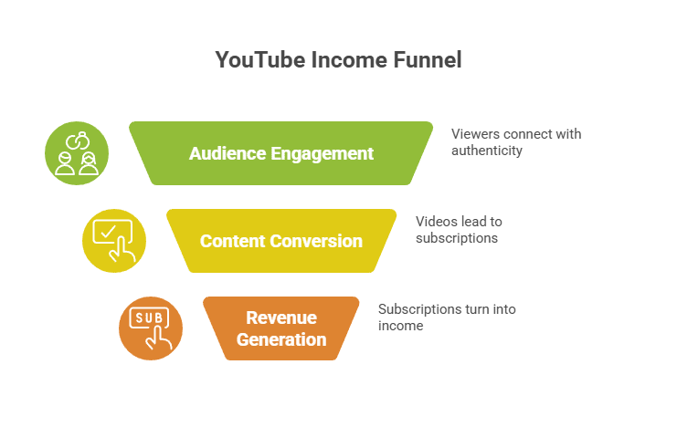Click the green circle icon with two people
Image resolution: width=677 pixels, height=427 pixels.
(x=77, y=153)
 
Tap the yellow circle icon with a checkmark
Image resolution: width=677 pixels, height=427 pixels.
(x=114, y=241)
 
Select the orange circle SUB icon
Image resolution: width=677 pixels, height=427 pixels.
(x=151, y=328)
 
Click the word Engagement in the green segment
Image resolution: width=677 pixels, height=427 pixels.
(x=324, y=153)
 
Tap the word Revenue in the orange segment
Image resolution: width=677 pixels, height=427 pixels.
(x=281, y=318)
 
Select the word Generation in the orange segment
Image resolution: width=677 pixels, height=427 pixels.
(x=281, y=339)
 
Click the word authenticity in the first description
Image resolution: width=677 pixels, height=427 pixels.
(x=487, y=150)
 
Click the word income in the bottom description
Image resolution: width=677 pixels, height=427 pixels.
(x=401, y=325)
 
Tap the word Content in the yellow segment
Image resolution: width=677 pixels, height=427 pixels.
(x=233, y=241)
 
